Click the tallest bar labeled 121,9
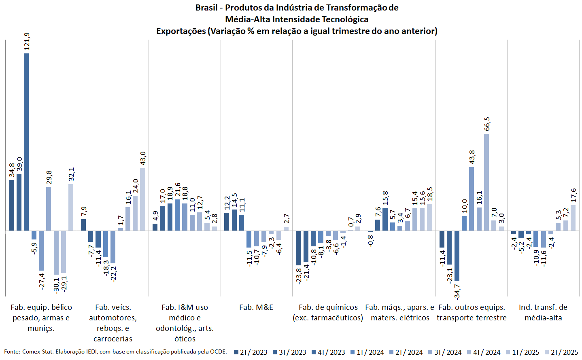[x=26, y=142]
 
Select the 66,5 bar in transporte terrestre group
[x=486, y=182]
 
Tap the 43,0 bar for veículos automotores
[x=142, y=199]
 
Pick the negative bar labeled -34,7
[x=457, y=256]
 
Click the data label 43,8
[x=472, y=158]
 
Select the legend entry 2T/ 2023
[x=251, y=352]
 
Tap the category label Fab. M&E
[x=256, y=307]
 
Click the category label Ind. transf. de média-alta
[x=543, y=312]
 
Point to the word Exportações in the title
[x=181, y=31]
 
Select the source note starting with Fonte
[x=115, y=352]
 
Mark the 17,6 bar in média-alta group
[x=573, y=218]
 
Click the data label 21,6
[x=177, y=191]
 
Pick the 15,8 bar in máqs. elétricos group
[x=385, y=219]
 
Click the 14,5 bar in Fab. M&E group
[x=234, y=220]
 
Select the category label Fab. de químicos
[x=328, y=312]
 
